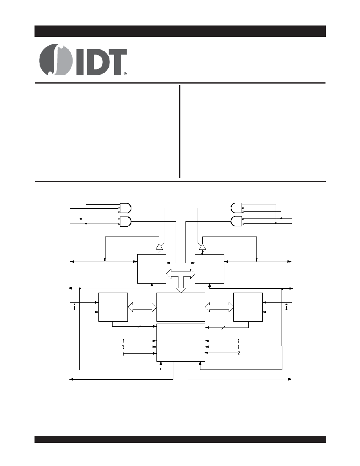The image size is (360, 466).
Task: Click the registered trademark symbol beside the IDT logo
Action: (x=125, y=74)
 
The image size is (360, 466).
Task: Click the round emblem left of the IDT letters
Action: (x=56, y=60)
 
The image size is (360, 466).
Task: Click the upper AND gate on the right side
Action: (x=236, y=208)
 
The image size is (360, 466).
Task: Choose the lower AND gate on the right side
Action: (x=236, y=221)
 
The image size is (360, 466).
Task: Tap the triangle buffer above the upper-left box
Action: (x=160, y=247)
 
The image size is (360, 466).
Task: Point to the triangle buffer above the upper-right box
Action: (x=202, y=247)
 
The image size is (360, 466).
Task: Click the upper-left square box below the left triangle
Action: (x=152, y=269)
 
